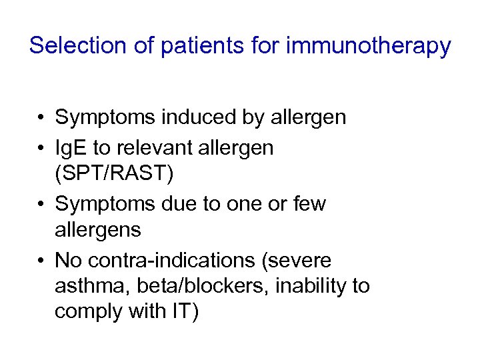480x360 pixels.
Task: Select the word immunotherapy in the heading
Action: [x=369, y=46]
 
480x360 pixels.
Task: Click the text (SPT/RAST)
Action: [x=114, y=175]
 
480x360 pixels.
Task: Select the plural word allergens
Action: [x=98, y=230]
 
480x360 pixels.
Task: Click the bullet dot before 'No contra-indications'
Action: [x=41, y=259]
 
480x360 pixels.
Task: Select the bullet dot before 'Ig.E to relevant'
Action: [x=41, y=147]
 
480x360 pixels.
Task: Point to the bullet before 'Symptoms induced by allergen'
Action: [x=41, y=119]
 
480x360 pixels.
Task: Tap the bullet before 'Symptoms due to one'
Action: [x=41, y=203]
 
